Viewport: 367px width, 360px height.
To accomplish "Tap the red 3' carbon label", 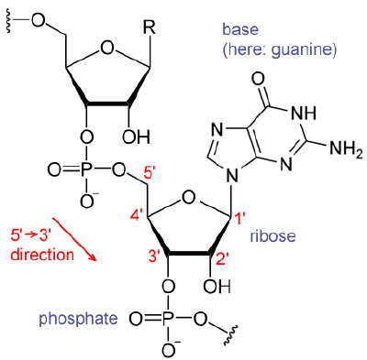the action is point(154,257).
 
